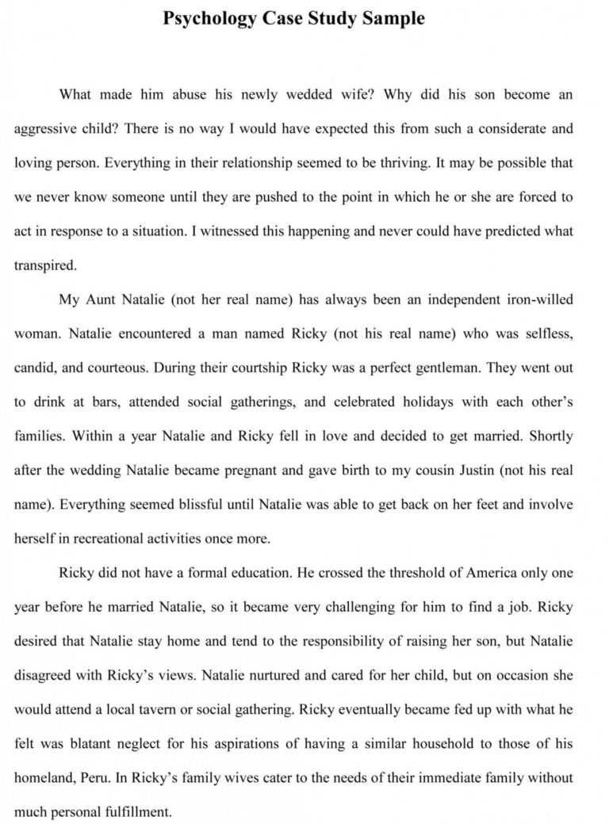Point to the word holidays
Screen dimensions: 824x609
tap(424, 402)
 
